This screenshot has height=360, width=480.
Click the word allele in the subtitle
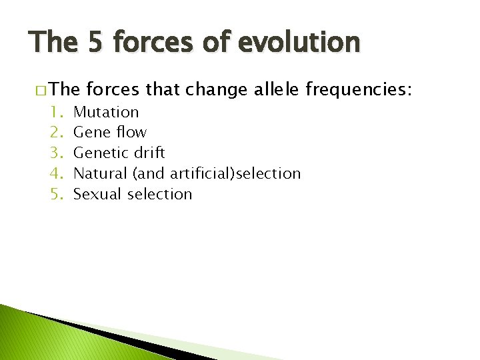coord(276,89)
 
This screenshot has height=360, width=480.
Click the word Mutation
coord(106,112)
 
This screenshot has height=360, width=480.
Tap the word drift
coord(149,153)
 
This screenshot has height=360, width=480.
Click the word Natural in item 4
coord(100,174)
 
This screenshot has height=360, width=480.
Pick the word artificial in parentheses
coord(197,174)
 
